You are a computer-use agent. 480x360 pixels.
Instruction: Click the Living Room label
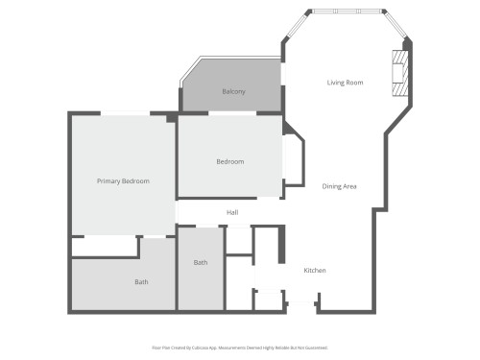(345, 83)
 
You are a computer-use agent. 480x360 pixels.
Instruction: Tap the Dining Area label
(339, 186)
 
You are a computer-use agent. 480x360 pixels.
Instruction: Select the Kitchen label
(315, 271)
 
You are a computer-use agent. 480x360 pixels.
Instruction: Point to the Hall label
(232, 212)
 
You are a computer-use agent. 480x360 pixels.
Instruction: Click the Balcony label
(233, 91)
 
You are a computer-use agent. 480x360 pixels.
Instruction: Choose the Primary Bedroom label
(123, 180)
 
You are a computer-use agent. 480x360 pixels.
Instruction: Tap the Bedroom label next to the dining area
(229, 161)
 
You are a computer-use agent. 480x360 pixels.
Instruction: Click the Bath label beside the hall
(201, 262)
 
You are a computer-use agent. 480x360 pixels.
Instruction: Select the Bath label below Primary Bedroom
(141, 281)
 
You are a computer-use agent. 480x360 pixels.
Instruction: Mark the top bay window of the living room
(347, 12)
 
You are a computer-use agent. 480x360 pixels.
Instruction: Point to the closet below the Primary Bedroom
(105, 248)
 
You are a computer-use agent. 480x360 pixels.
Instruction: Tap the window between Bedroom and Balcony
(231, 114)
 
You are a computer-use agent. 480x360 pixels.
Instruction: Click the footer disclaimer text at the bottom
(239, 347)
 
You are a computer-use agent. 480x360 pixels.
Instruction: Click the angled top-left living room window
(297, 25)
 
